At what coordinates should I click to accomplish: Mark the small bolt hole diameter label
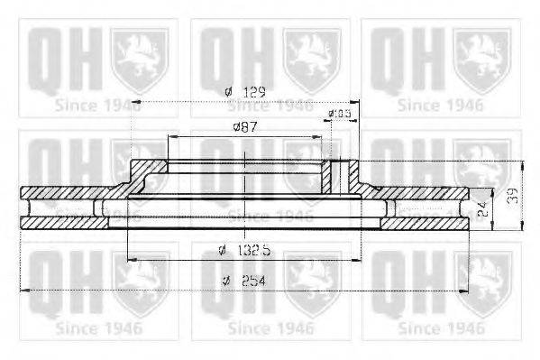[x=339, y=114]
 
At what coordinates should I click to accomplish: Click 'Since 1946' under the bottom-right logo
[x=438, y=327]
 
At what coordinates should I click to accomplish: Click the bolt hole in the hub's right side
[x=341, y=176]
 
